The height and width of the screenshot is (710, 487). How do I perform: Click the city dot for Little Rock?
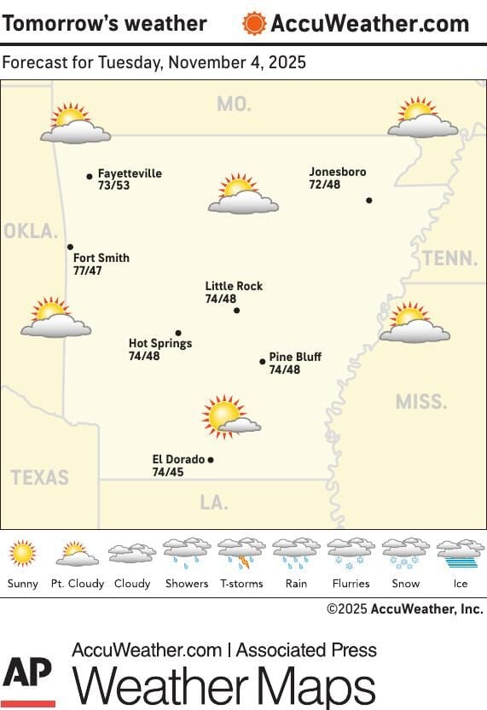tap(236, 311)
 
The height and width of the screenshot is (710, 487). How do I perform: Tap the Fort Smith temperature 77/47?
tap(87, 271)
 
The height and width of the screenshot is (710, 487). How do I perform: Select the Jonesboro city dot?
tap(369, 201)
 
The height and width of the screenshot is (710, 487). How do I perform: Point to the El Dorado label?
tap(178, 459)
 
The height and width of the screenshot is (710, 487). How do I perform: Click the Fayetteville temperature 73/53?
tap(113, 185)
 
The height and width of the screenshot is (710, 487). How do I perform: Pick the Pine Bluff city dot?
tap(263, 362)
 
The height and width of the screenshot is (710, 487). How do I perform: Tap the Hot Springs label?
tap(160, 343)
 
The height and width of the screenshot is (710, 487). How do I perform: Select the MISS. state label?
tap(421, 401)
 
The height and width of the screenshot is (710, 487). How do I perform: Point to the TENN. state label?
tap(449, 258)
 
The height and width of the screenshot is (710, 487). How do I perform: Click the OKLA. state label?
tap(31, 231)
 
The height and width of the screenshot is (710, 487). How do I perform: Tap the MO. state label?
tap(234, 104)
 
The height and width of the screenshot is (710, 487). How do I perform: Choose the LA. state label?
tap(214, 503)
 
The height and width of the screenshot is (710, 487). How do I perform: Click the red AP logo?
tap(28, 681)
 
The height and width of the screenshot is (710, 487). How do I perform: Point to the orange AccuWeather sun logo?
tap(254, 23)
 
